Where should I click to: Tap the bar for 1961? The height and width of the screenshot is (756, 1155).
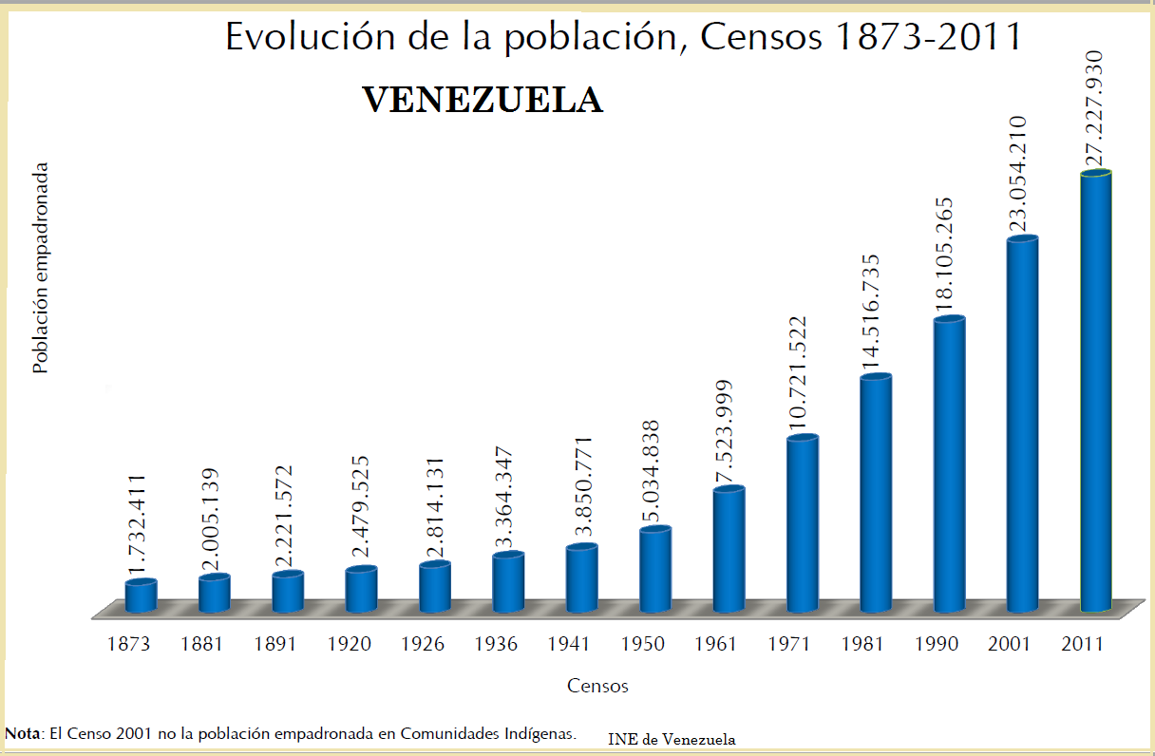(x=729, y=549)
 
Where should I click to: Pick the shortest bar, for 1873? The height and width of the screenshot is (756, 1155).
(x=141, y=596)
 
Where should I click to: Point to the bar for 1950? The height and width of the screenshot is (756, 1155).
(x=655, y=570)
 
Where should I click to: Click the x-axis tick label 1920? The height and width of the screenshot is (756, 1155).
(x=349, y=644)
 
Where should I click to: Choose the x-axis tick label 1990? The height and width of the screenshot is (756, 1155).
(x=936, y=644)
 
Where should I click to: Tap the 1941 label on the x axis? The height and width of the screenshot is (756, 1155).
(x=569, y=644)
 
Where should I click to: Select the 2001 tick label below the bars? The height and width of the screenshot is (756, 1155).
(x=1009, y=644)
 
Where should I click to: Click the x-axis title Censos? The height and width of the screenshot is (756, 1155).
(x=597, y=686)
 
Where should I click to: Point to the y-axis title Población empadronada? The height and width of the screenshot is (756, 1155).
(x=40, y=267)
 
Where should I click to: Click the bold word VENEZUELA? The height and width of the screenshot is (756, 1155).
(x=483, y=100)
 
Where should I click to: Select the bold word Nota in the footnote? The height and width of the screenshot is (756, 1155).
(x=23, y=733)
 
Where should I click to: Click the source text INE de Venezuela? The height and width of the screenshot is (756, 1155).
(x=672, y=739)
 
